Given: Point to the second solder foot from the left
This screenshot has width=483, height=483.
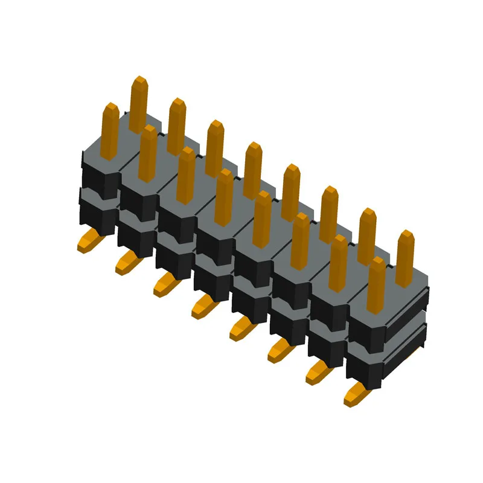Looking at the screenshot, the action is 127,261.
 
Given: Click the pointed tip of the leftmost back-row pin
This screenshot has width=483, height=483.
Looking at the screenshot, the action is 139,81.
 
